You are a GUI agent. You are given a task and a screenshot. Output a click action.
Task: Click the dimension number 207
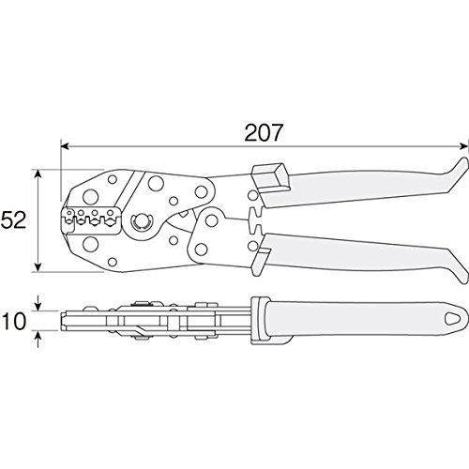[x=264, y=132]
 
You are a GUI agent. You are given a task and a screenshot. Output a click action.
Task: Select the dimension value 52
[x=13, y=219]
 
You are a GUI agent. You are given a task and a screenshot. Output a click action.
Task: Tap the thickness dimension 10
[x=13, y=321]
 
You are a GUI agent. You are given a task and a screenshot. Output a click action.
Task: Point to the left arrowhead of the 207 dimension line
[x=65, y=146]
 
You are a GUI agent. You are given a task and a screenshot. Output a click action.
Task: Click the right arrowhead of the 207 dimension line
[x=461, y=146]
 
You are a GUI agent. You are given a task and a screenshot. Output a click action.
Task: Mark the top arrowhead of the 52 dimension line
[x=38, y=174]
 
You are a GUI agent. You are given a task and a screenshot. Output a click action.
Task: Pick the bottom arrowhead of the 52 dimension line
[x=38, y=267]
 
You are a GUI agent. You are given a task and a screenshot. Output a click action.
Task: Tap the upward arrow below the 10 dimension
[x=38, y=339]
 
